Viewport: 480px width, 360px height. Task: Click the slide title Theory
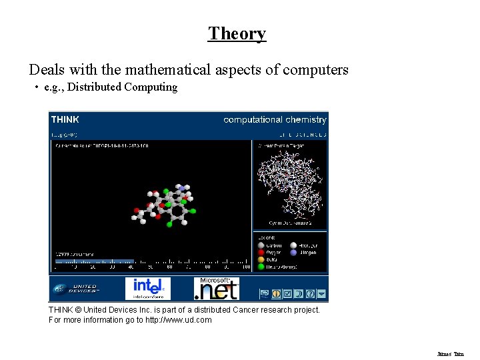point(237,33)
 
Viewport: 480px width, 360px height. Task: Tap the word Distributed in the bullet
point(94,87)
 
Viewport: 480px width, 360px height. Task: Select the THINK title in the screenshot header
point(65,120)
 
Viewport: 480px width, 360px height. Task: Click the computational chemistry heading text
point(275,120)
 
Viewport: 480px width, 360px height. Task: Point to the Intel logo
point(148,288)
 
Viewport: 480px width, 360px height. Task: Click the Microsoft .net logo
point(216,289)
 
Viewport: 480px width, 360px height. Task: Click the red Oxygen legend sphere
point(261,253)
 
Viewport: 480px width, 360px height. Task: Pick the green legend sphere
point(261,267)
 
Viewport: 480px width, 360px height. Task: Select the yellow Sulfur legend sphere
point(261,260)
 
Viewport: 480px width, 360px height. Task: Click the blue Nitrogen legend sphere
point(294,253)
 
